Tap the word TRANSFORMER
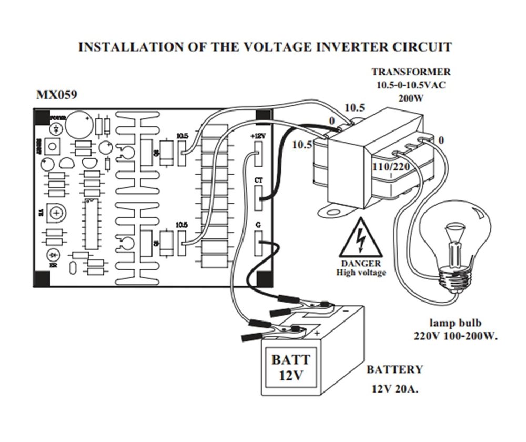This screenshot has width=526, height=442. (x=411, y=72)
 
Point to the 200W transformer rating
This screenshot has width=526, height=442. (x=411, y=97)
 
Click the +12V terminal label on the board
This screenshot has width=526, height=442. (x=258, y=136)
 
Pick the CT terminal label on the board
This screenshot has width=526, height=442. (x=258, y=180)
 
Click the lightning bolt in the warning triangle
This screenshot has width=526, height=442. (x=361, y=239)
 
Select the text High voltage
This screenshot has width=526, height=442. (x=361, y=273)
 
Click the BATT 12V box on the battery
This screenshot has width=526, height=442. (x=290, y=368)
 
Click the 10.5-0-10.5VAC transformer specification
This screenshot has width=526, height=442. (x=411, y=85)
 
